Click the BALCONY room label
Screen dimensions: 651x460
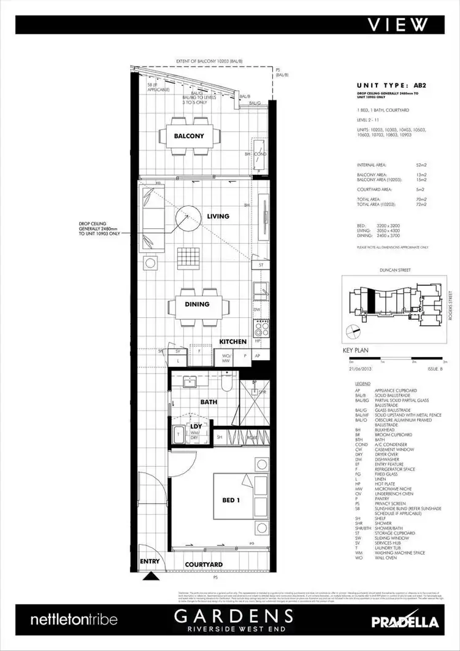click(188, 136)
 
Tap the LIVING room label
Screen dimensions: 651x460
click(218, 216)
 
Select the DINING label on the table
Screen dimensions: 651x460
click(197, 304)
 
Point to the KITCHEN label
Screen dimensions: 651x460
click(233, 342)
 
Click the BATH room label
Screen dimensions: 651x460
click(209, 403)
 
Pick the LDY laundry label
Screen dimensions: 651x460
click(196, 426)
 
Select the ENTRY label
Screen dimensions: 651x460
click(149, 561)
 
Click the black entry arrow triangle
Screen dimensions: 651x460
click(149, 576)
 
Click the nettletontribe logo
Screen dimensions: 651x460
click(74, 620)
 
